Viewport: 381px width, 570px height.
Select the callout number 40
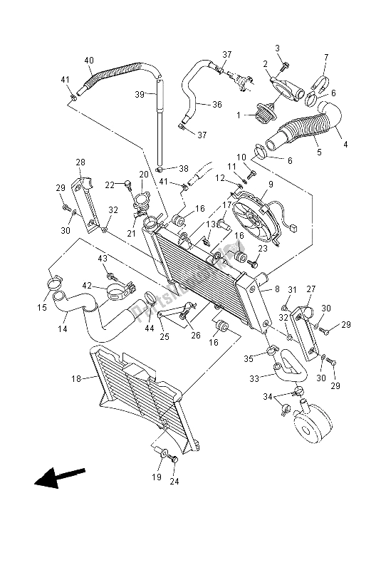[x=89, y=60]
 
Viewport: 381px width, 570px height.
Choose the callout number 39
[x=140, y=93]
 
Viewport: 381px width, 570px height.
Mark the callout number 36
[x=218, y=104]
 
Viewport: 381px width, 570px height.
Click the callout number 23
[x=263, y=248]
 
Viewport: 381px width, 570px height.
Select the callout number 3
[x=278, y=48]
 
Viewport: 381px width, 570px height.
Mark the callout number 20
[x=143, y=175]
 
